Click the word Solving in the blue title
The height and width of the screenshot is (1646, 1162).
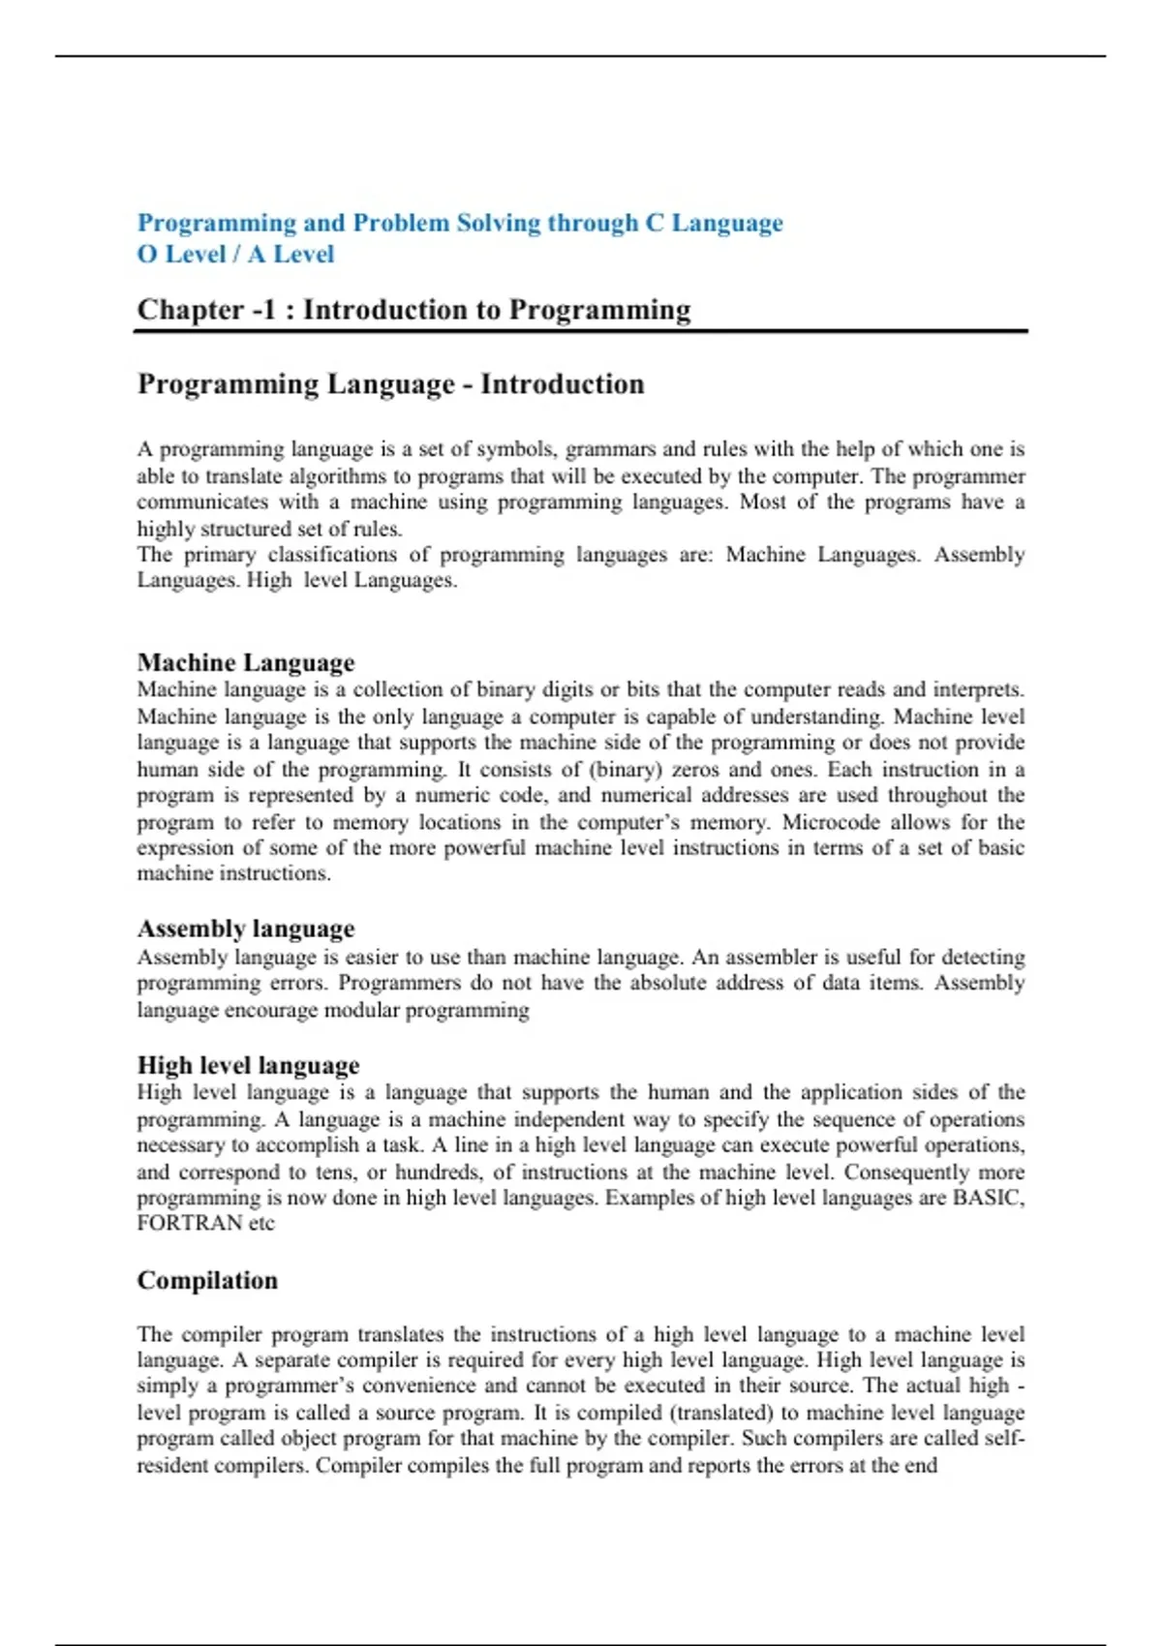(x=498, y=224)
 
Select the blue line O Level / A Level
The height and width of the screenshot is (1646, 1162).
(x=235, y=255)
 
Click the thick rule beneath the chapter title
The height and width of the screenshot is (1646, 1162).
(x=581, y=331)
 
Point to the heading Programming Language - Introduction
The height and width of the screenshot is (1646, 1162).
(x=390, y=384)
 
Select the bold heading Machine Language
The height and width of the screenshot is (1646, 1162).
(x=246, y=663)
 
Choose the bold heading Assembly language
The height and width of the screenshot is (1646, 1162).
(x=246, y=930)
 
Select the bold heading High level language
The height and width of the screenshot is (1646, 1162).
(x=248, y=1066)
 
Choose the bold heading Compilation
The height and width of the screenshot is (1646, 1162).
(x=207, y=1281)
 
